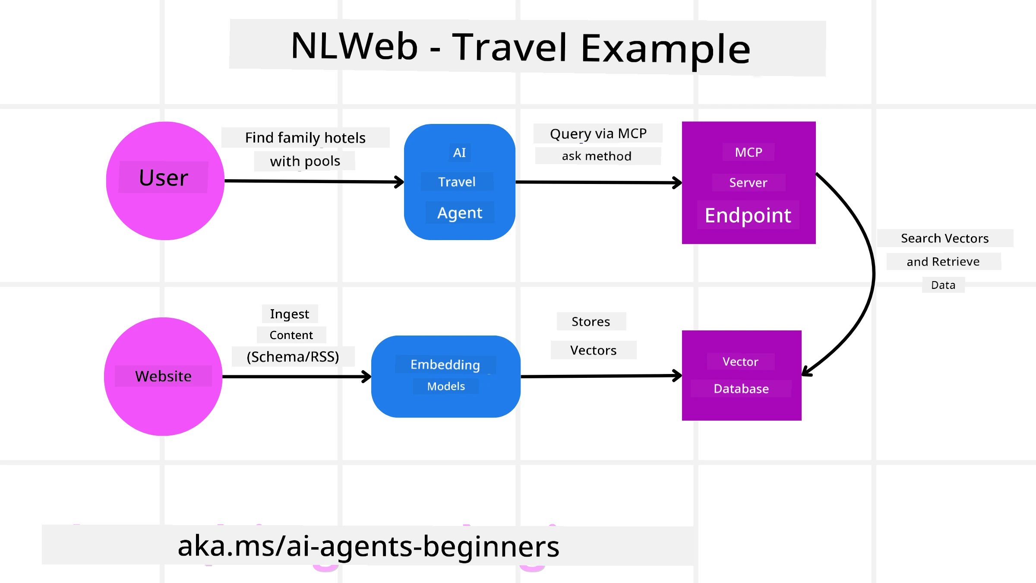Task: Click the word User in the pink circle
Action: pos(164,177)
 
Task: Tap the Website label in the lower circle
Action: pos(163,376)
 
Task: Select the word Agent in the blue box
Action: pos(460,213)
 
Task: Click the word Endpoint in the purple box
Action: pos(748,215)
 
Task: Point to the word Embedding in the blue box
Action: pos(445,364)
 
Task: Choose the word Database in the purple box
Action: pos(741,389)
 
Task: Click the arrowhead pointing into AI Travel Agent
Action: pos(400,182)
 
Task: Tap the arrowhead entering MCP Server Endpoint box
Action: pos(678,183)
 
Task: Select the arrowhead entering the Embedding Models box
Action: pos(367,377)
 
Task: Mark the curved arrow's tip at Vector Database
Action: pos(805,373)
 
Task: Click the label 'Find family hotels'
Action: pos(305,138)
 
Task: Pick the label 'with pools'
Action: pos(305,161)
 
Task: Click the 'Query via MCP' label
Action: pos(598,133)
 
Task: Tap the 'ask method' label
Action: pos(597,156)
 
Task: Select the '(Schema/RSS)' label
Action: pos(293,357)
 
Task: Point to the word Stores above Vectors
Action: pos(591,321)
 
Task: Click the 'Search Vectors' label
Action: pos(944,238)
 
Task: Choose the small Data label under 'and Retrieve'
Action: pos(943,285)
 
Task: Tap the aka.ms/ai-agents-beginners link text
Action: pos(368,546)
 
